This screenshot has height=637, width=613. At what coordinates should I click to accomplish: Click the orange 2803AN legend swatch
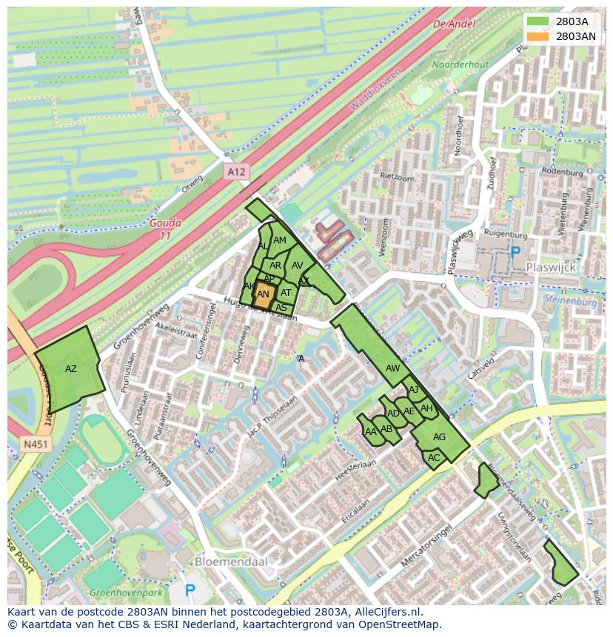click(x=537, y=36)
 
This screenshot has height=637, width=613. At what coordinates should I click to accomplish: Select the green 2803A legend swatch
click(x=537, y=21)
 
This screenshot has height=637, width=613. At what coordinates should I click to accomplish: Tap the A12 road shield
click(x=235, y=172)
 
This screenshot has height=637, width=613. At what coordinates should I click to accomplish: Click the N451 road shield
click(x=33, y=445)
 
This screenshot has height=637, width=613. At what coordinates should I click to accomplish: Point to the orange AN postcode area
click(x=263, y=294)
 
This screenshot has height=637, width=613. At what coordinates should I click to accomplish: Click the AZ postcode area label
click(x=71, y=369)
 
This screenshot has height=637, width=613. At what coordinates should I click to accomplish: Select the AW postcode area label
click(x=392, y=368)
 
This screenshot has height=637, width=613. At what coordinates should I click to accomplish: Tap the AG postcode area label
click(x=439, y=437)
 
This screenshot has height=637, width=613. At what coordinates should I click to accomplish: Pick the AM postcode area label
click(x=280, y=240)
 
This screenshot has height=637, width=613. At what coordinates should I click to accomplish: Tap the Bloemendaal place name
click(x=230, y=562)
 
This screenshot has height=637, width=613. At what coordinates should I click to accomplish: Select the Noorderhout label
click(x=460, y=65)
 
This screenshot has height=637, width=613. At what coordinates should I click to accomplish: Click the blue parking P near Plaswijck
click(x=515, y=252)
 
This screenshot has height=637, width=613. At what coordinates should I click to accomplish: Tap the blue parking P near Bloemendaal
click(x=190, y=590)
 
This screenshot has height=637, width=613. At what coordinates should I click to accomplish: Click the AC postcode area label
click(x=434, y=458)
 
